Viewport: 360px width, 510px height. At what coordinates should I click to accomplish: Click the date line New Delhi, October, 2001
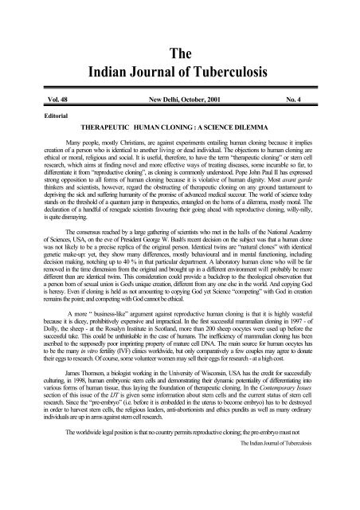point(182,103)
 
